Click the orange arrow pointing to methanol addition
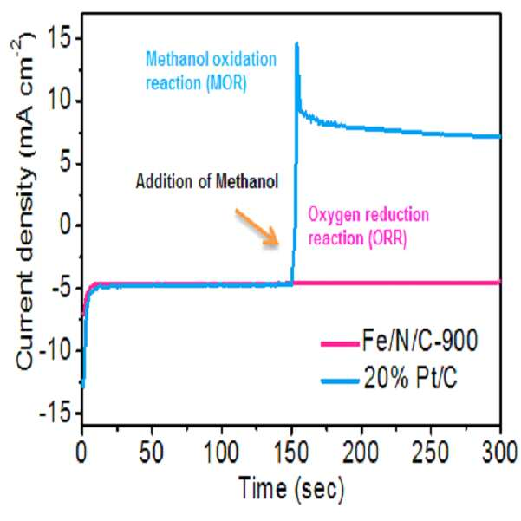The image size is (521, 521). (x=257, y=228)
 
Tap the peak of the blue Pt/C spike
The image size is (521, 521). (x=296, y=42)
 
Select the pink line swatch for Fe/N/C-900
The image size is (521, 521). (x=340, y=343)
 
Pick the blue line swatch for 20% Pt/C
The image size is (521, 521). (x=340, y=381)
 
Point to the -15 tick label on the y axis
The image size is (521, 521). (x=56, y=413)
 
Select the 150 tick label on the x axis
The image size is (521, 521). (x=292, y=453)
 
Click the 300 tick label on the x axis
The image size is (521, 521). (x=500, y=453)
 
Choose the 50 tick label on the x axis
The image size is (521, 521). (x=152, y=453)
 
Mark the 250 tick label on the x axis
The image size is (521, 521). (x=431, y=453)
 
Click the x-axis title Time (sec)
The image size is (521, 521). (x=291, y=488)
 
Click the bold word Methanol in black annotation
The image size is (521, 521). (x=247, y=182)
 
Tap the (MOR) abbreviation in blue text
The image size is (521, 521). (x=226, y=83)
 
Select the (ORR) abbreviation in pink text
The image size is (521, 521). (x=387, y=238)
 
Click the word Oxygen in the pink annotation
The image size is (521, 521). (x=334, y=215)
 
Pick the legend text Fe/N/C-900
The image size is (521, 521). (x=420, y=341)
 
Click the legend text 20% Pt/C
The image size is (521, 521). (x=411, y=379)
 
